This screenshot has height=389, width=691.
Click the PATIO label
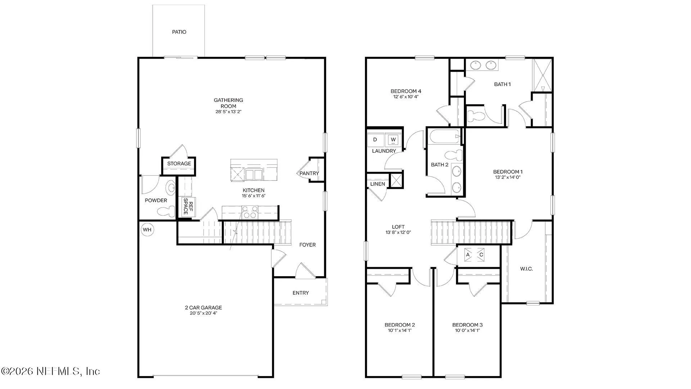pyautogui.click(x=179, y=32)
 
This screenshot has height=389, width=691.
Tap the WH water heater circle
pyautogui.click(x=147, y=230)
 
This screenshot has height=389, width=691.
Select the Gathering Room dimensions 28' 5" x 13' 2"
pyautogui.click(x=228, y=112)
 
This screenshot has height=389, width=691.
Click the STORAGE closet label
pyautogui.click(x=179, y=164)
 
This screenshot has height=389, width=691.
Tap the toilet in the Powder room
pyautogui.click(x=171, y=188)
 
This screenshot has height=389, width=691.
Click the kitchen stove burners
pyautogui.click(x=249, y=212)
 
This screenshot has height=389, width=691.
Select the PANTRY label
pyautogui.click(x=309, y=173)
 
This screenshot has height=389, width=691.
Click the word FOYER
pyautogui.click(x=307, y=245)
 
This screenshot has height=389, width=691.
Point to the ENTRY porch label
pyautogui.click(x=301, y=293)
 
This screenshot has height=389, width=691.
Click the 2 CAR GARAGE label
pyautogui.click(x=203, y=308)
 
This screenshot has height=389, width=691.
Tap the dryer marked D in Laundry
pyautogui.click(x=375, y=139)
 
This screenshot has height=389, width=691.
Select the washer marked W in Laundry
pyautogui.click(x=393, y=139)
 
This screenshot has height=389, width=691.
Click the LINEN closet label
pyautogui.click(x=378, y=184)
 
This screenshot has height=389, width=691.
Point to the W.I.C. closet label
pyautogui.click(x=526, y=269)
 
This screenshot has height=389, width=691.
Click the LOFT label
pyautogui.click(x=398, y=227)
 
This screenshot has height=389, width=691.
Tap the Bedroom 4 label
pyautogui.click(x=406, y=91)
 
